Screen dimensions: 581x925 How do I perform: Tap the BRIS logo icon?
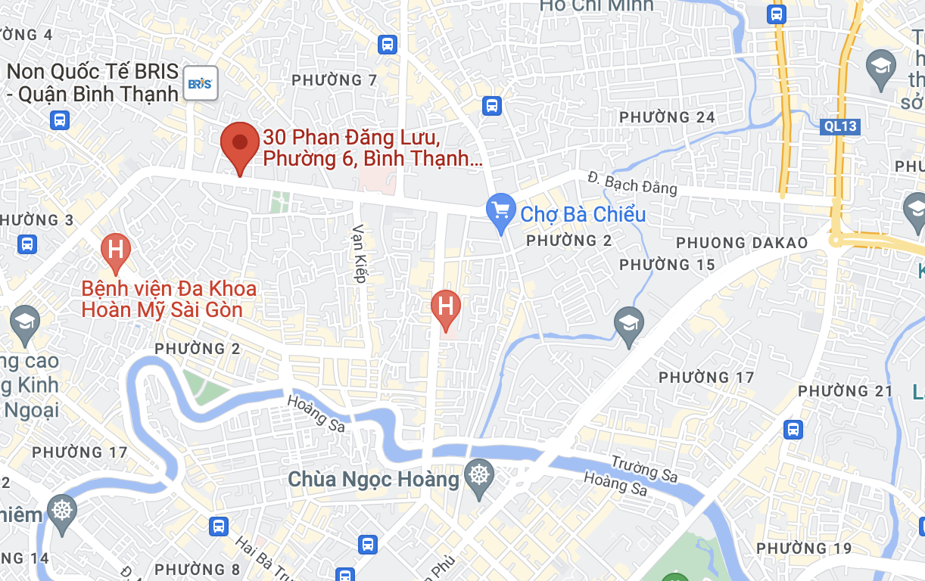point(201,83)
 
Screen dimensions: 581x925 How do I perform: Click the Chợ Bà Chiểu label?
point(584,214)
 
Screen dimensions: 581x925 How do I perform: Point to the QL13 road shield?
point(841,126)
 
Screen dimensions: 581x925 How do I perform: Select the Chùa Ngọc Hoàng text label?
point(374,479)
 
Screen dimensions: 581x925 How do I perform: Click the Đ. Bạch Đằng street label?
point(632,183)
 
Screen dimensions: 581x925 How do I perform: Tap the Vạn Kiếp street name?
point(360,253)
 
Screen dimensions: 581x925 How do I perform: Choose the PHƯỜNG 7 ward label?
point(334,80)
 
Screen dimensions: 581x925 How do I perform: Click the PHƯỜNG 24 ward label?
point(667,117)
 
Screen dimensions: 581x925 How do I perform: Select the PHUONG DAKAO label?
point(742,243)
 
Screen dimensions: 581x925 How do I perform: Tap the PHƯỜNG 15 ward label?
point(667,265)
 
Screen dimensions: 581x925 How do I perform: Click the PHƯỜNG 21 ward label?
point(846,391)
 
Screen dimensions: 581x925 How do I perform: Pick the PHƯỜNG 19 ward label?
point(804,548)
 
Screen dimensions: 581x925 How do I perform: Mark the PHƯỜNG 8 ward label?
point(198,570)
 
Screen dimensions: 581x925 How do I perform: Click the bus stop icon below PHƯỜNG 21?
point(793,430)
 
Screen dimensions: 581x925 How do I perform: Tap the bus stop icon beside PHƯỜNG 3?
point(27,244)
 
